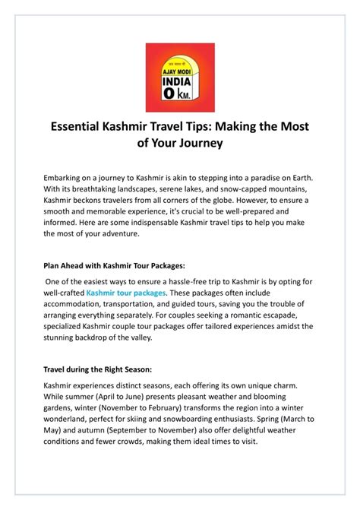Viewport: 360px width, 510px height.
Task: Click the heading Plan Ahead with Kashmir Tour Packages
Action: (x=114, y=267)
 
